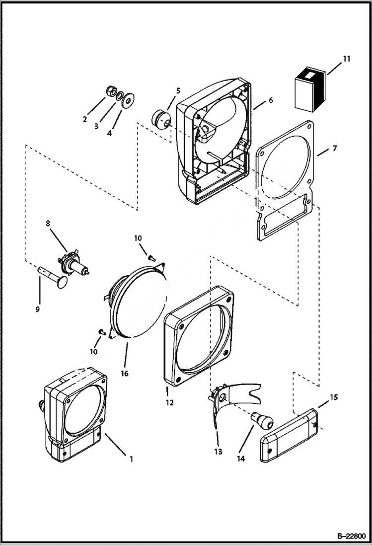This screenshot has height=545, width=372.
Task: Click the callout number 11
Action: (346, 59)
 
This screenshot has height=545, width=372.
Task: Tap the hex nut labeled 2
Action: (111, 91)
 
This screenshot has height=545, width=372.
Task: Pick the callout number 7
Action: (334, 149)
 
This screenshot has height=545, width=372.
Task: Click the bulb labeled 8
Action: (73, 266)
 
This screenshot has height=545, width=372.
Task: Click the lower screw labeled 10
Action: (101, 331)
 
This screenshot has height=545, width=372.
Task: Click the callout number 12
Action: (169, 402)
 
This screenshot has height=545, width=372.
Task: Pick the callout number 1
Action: (131, 459)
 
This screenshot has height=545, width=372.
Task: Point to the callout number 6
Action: (270, 100)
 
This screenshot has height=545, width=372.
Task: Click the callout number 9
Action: (37, 310)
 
